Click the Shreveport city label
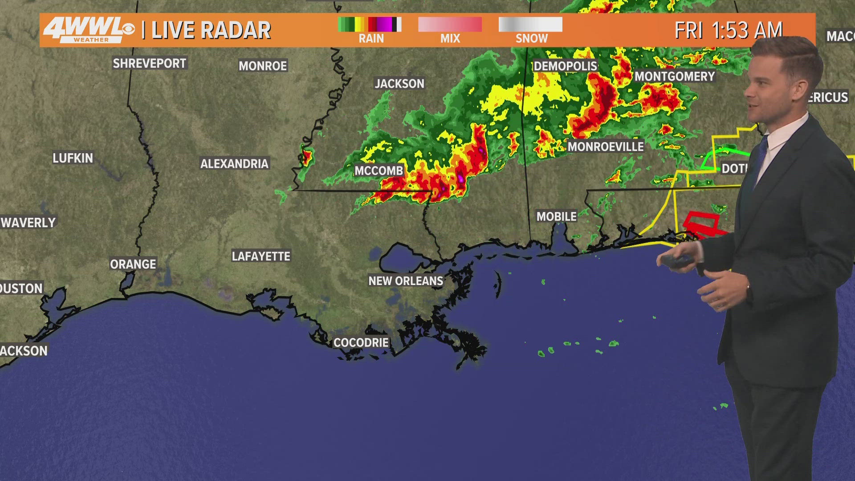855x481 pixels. (149, 63)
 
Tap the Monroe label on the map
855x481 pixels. (263, 66)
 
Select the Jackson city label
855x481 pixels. (399, 84)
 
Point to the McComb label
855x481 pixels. (379, 171)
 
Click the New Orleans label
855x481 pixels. (406, 281)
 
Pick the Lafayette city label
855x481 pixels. (261, 256)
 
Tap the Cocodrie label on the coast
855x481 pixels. (361, 342)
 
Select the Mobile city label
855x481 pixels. (556, 216)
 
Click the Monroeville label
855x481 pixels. (606, 147)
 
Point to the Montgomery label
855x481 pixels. (674, 77)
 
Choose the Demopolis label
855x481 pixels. (565, 66)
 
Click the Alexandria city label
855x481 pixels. (234, 164)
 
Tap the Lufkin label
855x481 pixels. (73, 158)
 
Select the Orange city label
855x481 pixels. (133, 264)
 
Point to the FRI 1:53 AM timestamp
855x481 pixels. (728, 30)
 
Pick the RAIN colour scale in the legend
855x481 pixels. (370, 24)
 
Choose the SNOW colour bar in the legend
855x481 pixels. (530, 24)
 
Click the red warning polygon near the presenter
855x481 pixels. (702, 223)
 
